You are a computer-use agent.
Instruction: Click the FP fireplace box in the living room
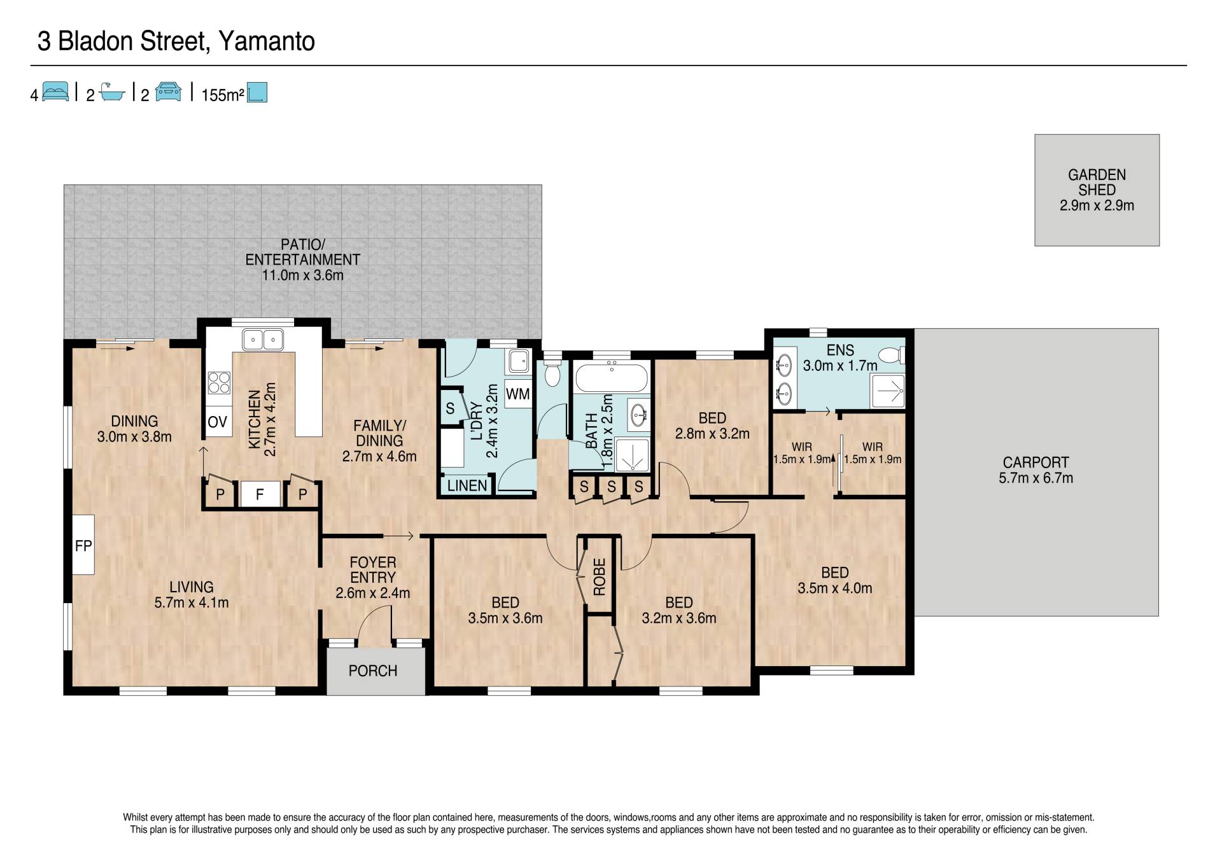tap(83, 545)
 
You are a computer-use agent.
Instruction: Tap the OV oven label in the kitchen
tap(218, 422)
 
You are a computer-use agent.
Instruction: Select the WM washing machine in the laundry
tap(518, 394)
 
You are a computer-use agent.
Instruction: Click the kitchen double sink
tap(263, 340)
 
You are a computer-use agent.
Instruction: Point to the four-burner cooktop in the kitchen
tap(219, 383)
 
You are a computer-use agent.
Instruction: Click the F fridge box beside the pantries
tap(260, 494)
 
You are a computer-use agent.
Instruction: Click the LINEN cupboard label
tap(467, 486)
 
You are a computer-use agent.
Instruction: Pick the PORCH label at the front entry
tap(373, 671)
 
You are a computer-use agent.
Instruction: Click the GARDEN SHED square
tap(1097, 190)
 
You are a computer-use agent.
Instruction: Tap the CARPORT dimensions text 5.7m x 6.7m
tap(1036, 478)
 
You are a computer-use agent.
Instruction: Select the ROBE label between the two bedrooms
tap(599, 576)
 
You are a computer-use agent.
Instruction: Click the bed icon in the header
tap(55, 92)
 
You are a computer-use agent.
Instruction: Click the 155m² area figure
tap(223, 95)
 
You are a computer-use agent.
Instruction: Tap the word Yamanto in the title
tap(267, 41)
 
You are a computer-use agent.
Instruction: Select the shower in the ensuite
tap(887, 391)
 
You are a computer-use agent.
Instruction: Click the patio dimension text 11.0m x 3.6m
tap(303, 275)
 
